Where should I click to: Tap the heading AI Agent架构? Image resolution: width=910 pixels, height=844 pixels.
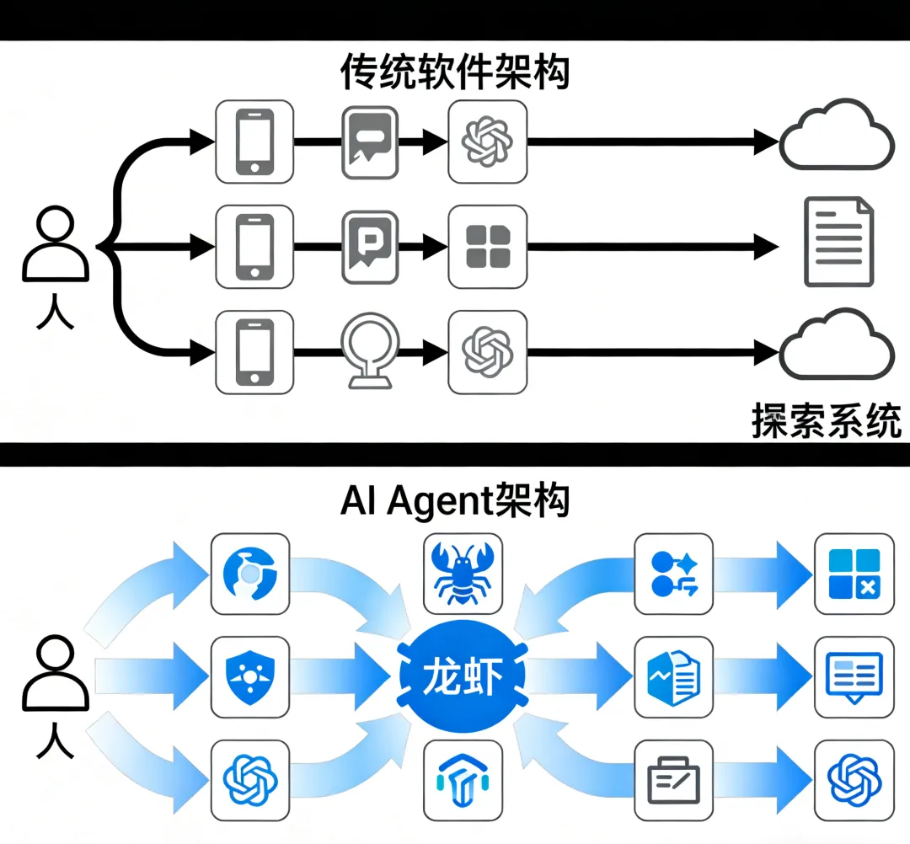455,500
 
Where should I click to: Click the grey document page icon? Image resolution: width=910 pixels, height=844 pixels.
839,242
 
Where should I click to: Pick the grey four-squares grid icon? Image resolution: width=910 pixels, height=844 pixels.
488,246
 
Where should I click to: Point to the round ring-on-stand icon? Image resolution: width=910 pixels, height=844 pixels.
368,352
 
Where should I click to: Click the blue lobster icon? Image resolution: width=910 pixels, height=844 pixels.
464,572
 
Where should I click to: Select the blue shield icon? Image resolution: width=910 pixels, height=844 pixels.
250,676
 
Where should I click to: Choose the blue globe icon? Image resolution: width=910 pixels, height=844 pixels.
250,573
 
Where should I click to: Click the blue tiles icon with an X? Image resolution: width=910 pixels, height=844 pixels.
854,573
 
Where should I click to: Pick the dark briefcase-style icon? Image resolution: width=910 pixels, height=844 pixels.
673,779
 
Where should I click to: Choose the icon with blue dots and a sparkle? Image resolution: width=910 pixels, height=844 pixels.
673,573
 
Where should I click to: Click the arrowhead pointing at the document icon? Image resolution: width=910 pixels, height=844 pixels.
765,246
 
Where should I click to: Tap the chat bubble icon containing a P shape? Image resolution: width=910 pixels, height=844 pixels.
368,247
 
